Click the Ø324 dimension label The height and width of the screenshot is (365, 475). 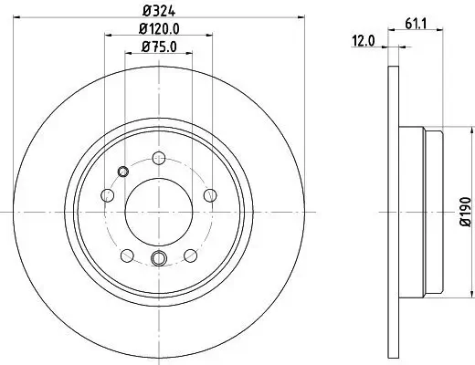(157, 11)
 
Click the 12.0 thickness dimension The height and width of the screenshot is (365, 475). (364, 39)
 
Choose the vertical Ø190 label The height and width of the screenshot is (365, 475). (464, 212)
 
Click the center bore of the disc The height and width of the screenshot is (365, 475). (157, 211)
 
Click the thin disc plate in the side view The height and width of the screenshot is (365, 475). (394, 212)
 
